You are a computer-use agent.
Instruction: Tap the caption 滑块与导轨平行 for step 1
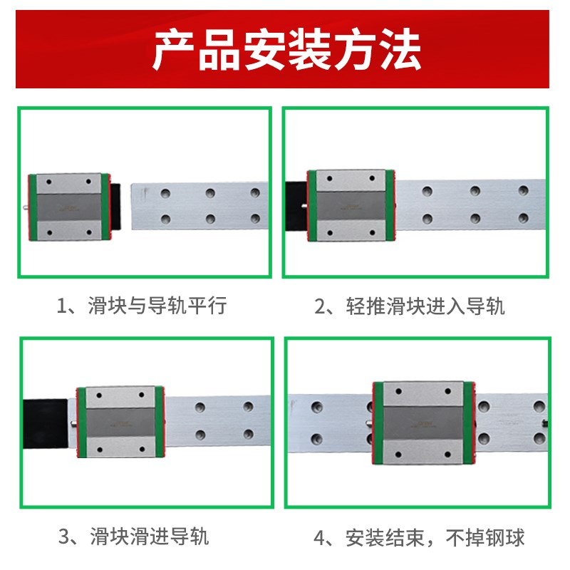click(157, 306)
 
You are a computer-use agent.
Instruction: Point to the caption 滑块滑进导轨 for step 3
click(150, 536)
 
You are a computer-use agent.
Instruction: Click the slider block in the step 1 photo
click(69, 207)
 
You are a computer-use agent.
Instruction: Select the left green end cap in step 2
click(312, 204)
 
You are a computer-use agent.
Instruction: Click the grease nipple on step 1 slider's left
click(26, 209)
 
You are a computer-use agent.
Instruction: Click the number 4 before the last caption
click(319, 537)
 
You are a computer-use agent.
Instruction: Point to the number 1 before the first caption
click(63, 306)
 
